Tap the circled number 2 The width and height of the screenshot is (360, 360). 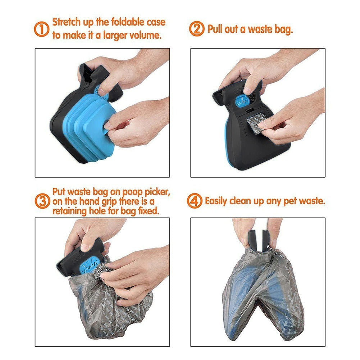[x=196, y=29]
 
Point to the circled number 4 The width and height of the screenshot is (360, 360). [x=194, y=201]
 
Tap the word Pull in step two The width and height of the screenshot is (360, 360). [x=215, y=29]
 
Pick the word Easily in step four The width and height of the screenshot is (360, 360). [x=219, y=201]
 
